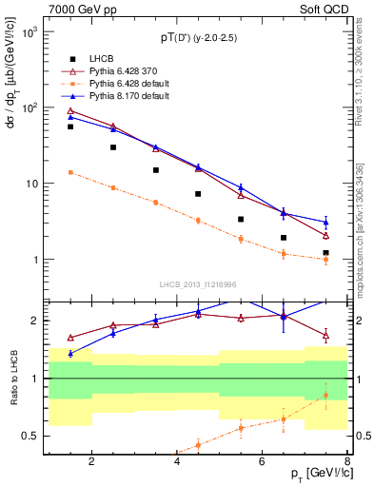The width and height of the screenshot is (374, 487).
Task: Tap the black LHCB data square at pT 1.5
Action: tap(70, 127)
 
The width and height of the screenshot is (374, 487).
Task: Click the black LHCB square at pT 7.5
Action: tap(325, 253)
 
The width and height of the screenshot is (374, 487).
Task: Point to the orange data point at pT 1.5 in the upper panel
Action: tap(70, 172)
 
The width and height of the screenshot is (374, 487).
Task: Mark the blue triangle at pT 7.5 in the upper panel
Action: tap(325, 223)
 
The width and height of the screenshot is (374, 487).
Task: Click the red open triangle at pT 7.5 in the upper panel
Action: tap(325, 235)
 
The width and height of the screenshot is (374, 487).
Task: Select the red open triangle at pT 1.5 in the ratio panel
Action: tap(70, 338)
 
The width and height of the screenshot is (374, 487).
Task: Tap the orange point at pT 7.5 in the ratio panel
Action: tap(325, 396)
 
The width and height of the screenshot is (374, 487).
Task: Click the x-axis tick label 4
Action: tap(177, 463)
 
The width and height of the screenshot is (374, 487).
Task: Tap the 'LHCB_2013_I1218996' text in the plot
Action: tap(198, 284)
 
